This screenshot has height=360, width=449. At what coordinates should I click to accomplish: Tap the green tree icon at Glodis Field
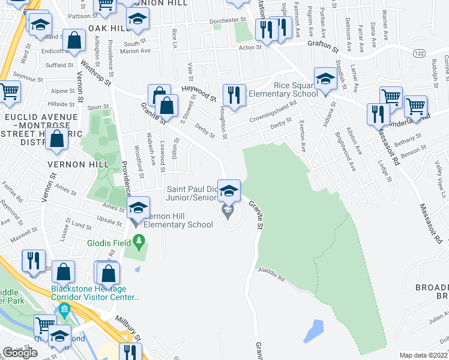click(139, 242)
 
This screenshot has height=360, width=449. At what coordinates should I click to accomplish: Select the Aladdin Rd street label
click(271, 277)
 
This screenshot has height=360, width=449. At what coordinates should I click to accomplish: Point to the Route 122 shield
click(419, 53)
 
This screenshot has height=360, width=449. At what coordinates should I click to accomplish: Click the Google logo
click(20, 353)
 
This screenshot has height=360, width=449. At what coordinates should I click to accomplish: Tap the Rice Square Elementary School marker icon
click(325, 79)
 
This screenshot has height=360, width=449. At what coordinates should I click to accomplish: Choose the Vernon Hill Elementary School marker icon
click(138, 209)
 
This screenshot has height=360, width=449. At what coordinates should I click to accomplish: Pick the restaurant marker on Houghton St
click(233, 95)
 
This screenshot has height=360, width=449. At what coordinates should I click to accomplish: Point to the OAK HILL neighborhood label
click(109, 29)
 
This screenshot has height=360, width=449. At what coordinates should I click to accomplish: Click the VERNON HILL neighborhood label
click(79, 164)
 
